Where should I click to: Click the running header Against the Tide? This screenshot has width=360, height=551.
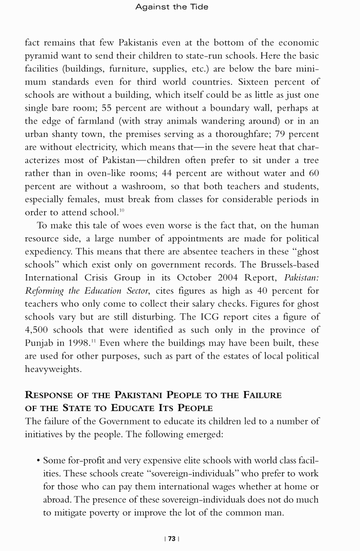coord(172,7)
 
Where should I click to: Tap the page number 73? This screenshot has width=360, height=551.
coord(172,539)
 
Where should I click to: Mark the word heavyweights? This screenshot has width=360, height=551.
coord(53,369)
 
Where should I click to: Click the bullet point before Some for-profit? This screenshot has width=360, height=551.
coord(38,460)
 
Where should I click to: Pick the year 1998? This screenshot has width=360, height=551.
coord(74,343)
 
